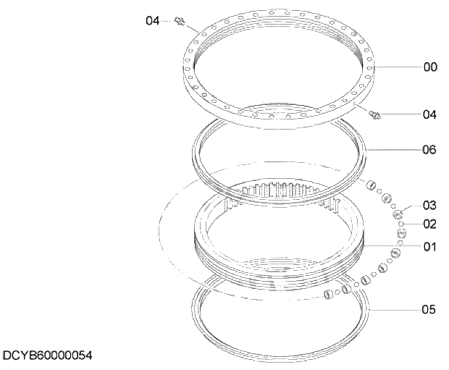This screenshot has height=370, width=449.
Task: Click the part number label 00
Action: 429,67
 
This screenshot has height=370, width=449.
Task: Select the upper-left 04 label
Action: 152,21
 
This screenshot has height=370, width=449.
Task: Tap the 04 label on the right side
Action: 429,114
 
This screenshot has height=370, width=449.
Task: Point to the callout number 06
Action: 429,150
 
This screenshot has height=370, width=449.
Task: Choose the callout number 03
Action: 429,205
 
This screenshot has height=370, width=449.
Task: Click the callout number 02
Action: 429,224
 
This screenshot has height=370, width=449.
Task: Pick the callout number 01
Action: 429,247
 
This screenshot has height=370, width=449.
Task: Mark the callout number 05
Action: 429,309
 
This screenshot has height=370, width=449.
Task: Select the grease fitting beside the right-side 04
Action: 375,114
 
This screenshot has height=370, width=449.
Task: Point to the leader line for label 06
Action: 395,150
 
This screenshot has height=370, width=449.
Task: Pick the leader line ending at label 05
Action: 395,309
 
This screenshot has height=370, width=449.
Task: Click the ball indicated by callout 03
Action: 397,214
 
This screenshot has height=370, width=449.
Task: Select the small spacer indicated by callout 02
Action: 401,224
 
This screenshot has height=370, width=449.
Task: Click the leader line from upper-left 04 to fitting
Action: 169,21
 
